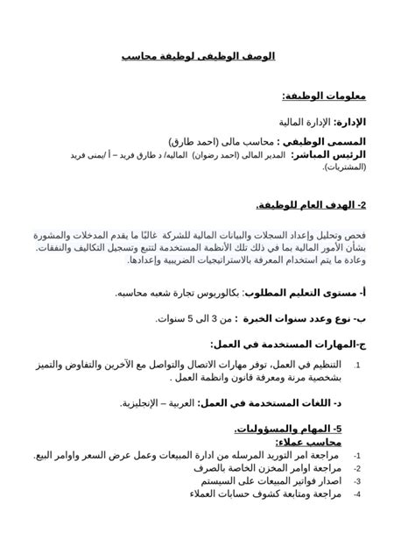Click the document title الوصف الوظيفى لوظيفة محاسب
pos(198,56)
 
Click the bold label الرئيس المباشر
pos(329,154)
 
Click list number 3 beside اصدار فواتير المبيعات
pos(357,482)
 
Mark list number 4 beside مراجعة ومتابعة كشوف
pos(357,495)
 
